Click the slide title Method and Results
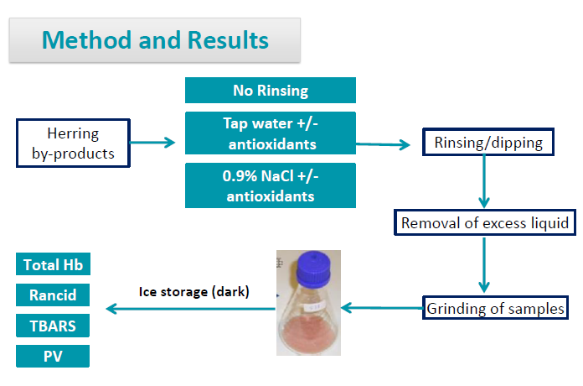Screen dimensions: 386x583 coord(155,40)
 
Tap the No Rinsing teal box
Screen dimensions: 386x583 coord(270,91)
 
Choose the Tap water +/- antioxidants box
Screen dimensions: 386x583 coord(270,133)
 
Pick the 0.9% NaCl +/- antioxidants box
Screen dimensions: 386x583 coord(270,185)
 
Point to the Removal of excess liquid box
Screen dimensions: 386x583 coord(485,223)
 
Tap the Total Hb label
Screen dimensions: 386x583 coord(52,265)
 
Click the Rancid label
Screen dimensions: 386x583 coord(52,295)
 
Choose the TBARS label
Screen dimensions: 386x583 coord(52,326)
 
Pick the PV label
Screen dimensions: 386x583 coord(52,356)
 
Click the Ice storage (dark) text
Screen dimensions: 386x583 coord(193,291)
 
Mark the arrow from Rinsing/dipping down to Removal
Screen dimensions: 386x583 coord(483,180)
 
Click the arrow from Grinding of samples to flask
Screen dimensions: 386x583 coord(382,308)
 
